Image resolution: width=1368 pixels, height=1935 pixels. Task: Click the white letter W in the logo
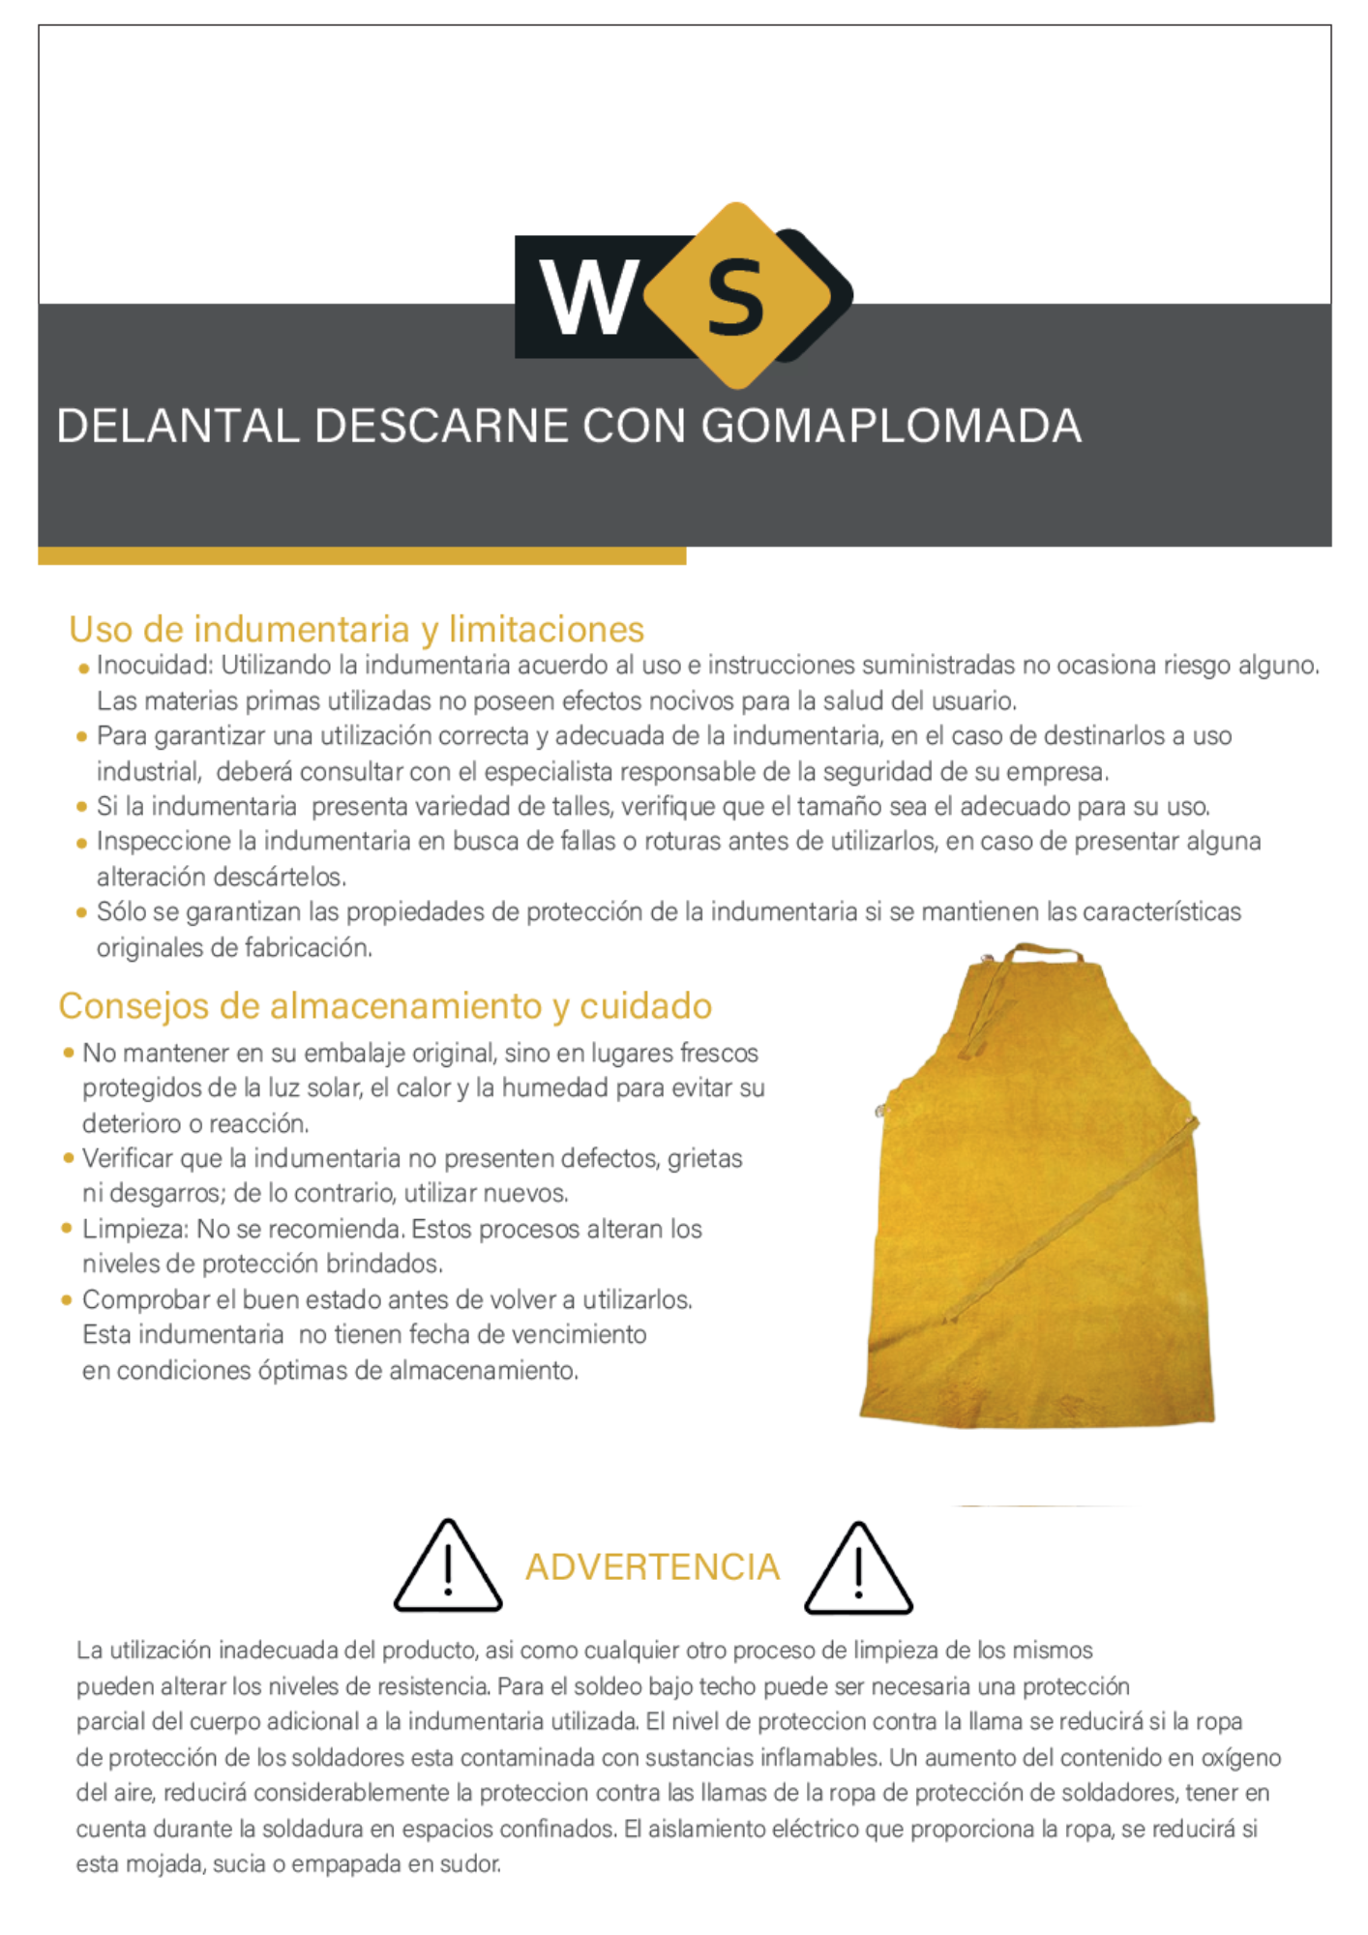(587, 298)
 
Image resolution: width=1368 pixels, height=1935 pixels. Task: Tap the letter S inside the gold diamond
(735, 298)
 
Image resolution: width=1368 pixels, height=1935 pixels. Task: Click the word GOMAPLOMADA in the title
(891, 427)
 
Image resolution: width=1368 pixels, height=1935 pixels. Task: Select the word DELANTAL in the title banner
(178, 427)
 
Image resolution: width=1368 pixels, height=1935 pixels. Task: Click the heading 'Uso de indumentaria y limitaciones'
(356, 630)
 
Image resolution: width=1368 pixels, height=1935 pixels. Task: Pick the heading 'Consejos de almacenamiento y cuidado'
(385, 1006)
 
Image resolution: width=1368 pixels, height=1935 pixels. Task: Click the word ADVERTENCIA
(652, 1567)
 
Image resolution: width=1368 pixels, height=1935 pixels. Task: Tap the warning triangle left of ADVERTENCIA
(447, 1567)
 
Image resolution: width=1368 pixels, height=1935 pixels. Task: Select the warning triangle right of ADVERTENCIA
(858, 1569)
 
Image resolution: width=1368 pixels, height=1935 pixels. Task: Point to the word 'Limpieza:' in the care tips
(134, 1230)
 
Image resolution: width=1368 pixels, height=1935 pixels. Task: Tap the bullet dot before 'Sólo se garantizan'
(82, 912)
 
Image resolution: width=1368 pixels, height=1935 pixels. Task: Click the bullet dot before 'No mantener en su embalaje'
(69, 1053)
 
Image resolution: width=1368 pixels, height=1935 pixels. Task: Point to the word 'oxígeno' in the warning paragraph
(1240, 1758)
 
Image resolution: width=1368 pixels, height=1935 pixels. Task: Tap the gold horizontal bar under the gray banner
(362, 556)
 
